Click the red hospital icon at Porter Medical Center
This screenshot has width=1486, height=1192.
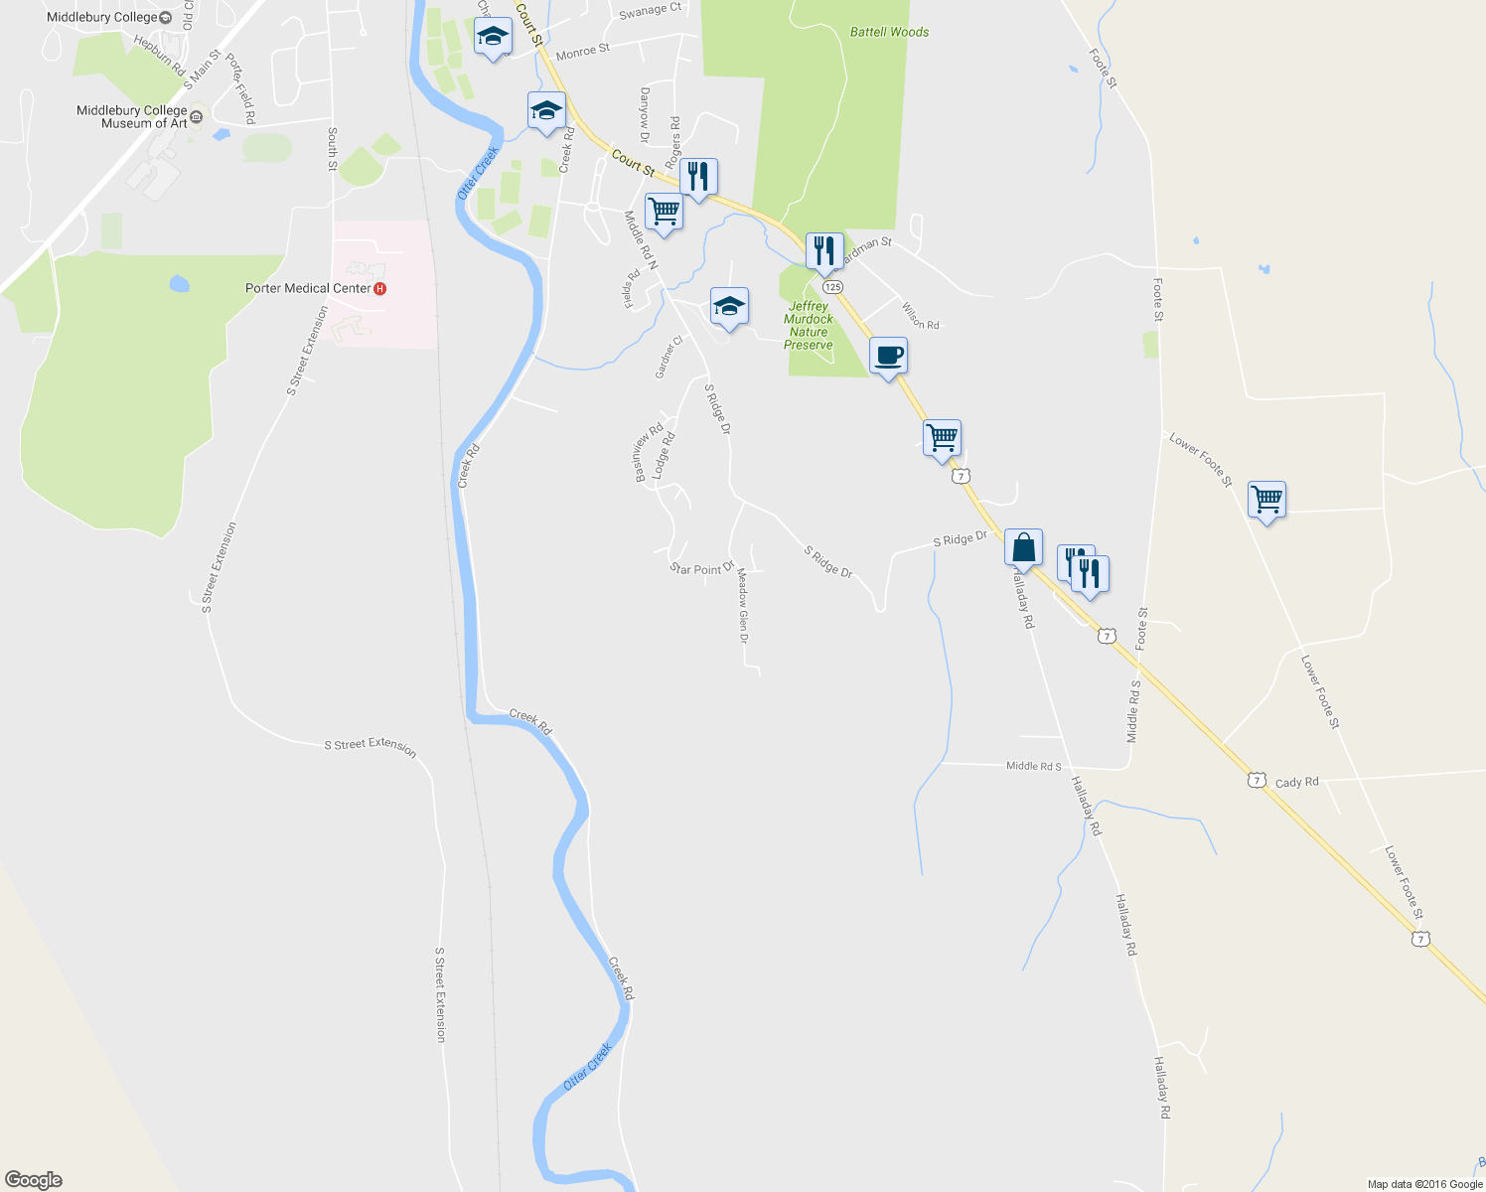pos(379,288)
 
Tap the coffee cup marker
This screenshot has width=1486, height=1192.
pos(888,356)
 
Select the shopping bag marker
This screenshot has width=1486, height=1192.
pos(1023,547)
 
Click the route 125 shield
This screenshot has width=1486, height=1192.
pos(832,286)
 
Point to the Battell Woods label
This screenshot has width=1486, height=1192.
pos(889,32)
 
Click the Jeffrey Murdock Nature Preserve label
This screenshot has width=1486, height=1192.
pos(809,326)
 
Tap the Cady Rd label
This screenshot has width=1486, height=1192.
pos(1296,782)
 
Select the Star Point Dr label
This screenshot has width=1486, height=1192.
pos(701,569)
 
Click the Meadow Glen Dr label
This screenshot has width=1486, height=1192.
pos(742,612)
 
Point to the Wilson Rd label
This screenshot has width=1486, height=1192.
pos(920,316)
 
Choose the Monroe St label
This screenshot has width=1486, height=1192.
pos(583,52)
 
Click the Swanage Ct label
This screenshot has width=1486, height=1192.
pos(650,11)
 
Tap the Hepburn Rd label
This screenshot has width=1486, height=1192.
pos(159,56)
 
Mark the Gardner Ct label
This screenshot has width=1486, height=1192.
pos(669,357)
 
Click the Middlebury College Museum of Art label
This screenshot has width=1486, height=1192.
pos(132,117)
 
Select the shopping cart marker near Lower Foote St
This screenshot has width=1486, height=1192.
pos(1266,500)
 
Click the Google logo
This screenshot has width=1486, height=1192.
pos(34,1180)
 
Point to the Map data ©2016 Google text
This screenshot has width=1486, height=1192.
pos(1424,1184)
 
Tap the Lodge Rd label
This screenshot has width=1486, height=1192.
pos(664,452)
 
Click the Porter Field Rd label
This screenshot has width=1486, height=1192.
pos(240,89)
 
